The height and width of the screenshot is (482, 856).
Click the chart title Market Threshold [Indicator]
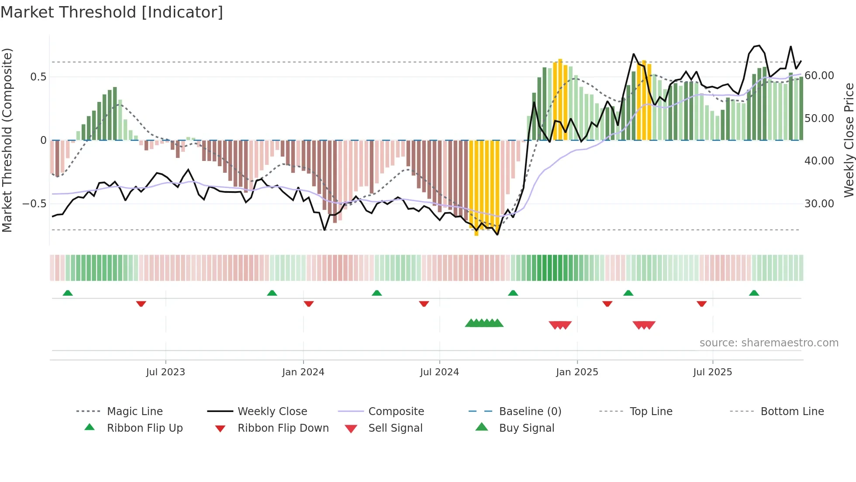pos(112,12)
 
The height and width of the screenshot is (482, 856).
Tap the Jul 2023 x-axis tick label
pos(166,372)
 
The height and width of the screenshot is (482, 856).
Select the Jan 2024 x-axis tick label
pos(303,372)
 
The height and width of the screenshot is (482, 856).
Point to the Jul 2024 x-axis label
pos(439,372)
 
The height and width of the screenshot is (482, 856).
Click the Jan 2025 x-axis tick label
pos(577,372)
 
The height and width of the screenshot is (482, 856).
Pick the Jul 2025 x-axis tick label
pos(712,372)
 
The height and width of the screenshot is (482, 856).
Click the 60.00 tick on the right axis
pos(819,76)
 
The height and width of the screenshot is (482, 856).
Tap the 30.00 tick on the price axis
pos(819,204)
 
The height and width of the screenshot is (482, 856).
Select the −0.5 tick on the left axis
pos(34,204)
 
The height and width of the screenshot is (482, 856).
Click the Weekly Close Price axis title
pos(849,140)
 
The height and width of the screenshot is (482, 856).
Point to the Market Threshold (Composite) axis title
pos(7,140)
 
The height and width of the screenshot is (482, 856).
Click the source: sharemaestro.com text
pos(769,343)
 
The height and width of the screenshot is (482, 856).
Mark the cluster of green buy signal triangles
pos(484,323)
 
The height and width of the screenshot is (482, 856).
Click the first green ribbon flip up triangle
pos(68,293)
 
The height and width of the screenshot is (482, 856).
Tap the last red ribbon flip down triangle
pos(702,304)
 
